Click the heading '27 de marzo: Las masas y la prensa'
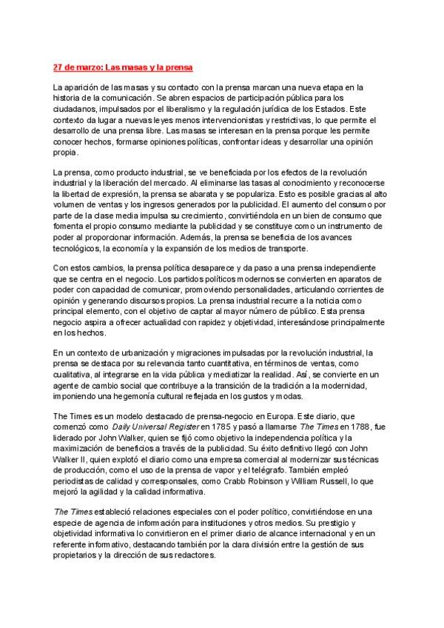tap(123, 68)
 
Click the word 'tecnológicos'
tap(76, 249)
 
